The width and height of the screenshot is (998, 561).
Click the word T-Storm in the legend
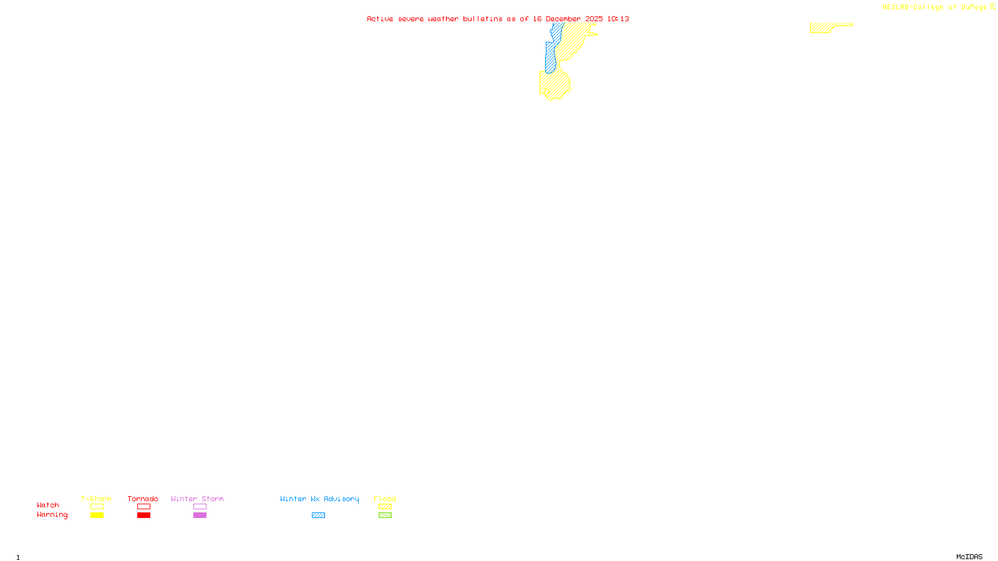(96, 499)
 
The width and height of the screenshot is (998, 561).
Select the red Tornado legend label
(143, 499)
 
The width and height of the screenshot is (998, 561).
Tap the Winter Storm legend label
(197, 499)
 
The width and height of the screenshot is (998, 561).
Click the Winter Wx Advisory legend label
(319, 499)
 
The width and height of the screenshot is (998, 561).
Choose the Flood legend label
(385, 499)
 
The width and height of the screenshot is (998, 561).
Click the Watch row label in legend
(48, 505)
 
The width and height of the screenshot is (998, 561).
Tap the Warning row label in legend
(52, 515)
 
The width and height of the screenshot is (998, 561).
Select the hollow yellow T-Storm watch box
(97, 507)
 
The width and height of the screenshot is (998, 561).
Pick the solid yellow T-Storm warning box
(97, 515)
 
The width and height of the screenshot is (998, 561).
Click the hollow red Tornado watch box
(143, 507)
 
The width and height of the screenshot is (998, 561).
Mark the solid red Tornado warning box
(143, 515)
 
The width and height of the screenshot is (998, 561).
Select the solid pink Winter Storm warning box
(200, 515)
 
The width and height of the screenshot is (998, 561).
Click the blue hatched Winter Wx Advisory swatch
(318, 515)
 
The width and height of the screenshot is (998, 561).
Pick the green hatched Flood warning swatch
(385, 515)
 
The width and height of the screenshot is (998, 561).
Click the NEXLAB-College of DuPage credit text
(935, 7)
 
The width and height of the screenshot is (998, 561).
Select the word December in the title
(563, 19)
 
